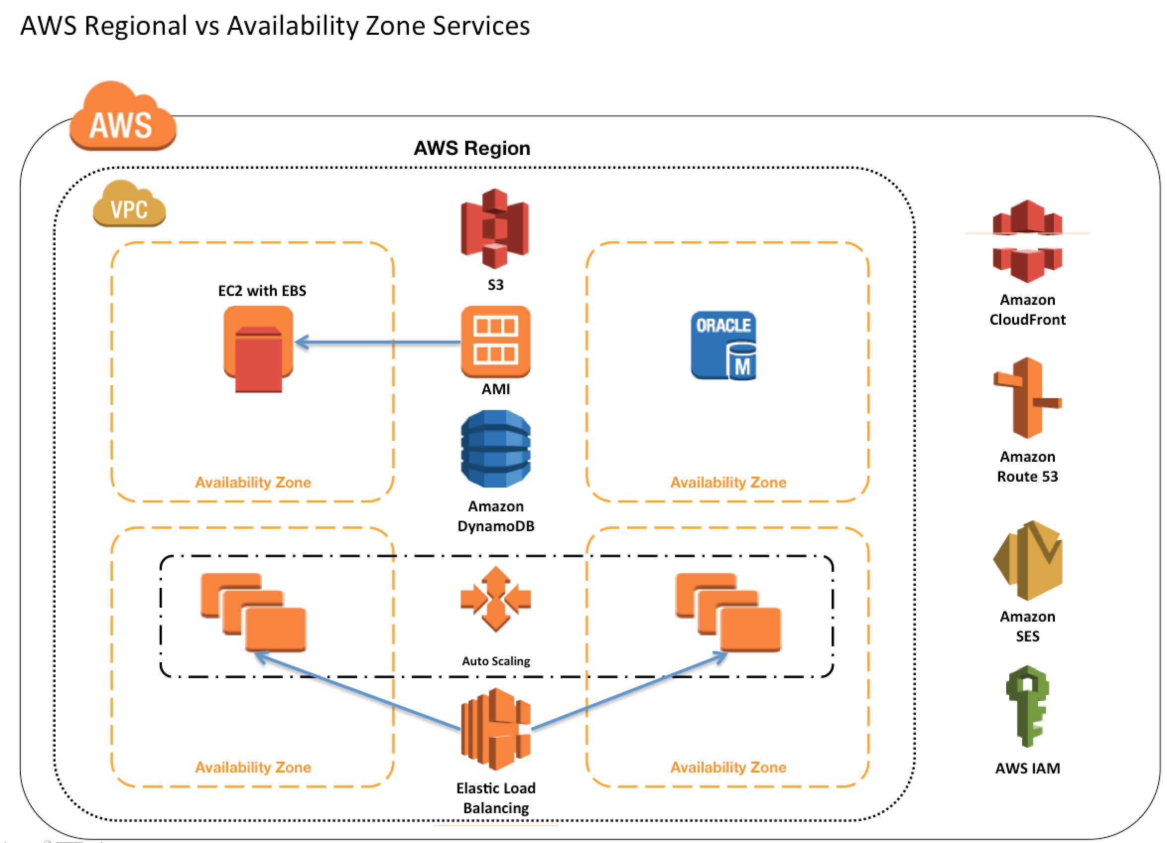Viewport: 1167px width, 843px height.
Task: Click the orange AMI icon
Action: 496,342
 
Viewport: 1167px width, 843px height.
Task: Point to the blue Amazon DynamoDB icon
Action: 496,448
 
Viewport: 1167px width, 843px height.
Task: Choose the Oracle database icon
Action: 723,346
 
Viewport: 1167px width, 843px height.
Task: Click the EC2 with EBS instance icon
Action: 259,348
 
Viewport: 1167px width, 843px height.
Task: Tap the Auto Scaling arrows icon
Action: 496,599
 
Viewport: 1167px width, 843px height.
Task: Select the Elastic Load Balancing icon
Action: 496,729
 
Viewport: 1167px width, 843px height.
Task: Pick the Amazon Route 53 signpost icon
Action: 1027,398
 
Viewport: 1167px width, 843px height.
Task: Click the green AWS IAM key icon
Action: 1027,706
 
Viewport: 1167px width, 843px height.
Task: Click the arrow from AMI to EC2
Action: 378,342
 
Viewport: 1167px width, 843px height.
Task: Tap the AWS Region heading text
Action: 472,148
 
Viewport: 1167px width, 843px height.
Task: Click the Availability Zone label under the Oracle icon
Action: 728,483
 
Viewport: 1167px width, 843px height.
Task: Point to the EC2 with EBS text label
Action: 262,291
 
